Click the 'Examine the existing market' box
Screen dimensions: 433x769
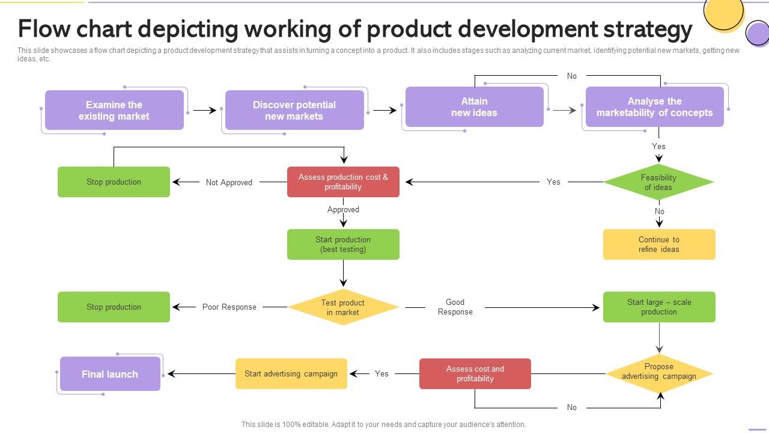click(114, 110)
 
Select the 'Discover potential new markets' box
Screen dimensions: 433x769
click(294, 110)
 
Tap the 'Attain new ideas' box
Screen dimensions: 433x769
click(475, 106)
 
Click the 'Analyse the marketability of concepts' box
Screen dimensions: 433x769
click(654, 106)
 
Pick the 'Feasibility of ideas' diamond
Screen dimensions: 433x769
click(658, 182)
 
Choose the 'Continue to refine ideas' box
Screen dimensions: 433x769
click(659, 244)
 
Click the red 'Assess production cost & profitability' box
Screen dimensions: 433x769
click(343, 182)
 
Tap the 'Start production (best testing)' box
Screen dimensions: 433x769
click(343, 244)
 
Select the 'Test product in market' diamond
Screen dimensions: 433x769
click(343, 307)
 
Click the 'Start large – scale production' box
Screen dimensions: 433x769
click(659, 307)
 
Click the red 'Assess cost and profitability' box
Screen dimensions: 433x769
click(475, 373)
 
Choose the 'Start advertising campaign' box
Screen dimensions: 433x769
click(291, 373)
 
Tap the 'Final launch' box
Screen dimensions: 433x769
click(110, 374)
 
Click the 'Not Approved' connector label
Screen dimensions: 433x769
click(229, 182)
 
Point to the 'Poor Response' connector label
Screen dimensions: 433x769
click(229, 307)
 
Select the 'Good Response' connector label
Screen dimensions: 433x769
click(455, 307)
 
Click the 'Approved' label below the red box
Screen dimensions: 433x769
click(343, 210)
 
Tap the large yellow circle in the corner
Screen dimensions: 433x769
click(723, 13)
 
